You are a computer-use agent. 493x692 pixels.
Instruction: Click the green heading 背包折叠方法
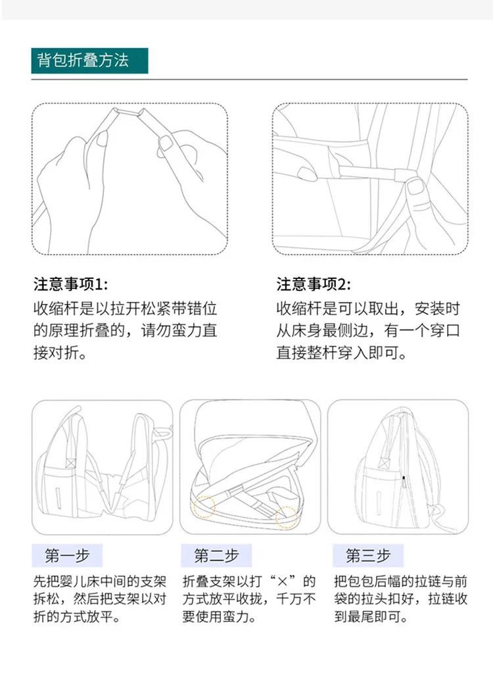(83, 61)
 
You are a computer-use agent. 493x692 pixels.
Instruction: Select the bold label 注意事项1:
(70, 285)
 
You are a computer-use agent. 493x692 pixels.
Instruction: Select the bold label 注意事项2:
(314, 285)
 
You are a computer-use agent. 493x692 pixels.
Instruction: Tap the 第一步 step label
(67, 556)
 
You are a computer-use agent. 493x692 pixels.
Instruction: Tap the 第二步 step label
(216, 556)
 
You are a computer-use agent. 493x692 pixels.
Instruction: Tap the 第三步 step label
(368, 556)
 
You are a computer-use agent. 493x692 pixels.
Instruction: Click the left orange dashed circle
(204, 507)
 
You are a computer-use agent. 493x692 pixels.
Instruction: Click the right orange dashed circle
(287, 517)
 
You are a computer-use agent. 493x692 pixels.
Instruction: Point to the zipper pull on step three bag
(404, 482)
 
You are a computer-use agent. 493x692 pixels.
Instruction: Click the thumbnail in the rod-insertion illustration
(416, 187)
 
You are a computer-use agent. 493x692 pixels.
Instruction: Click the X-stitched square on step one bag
(71, 462)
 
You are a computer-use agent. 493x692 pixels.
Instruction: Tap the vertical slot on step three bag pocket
(379, 500)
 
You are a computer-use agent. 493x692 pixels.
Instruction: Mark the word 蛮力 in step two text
(235, 616)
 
